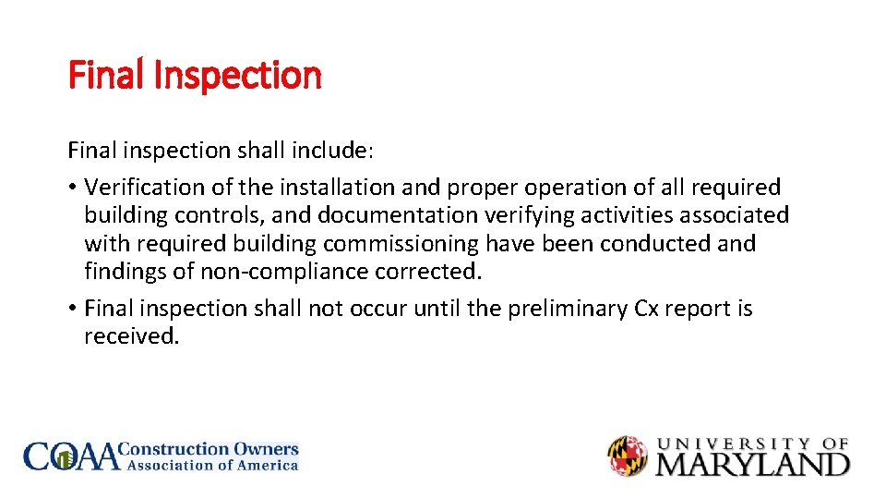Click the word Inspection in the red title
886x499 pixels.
coord(237,76)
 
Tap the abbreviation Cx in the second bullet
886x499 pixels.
coord(647,309)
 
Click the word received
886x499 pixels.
coord(131,336)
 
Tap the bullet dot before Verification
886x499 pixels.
coord(72,189)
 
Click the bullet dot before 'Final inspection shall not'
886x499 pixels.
coord(72,310)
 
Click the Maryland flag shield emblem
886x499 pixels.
coord(628,456)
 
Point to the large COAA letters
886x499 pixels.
coord(72,456)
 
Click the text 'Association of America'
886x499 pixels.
coord(212,466)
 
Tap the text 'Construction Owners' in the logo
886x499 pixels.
coord(211,449)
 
